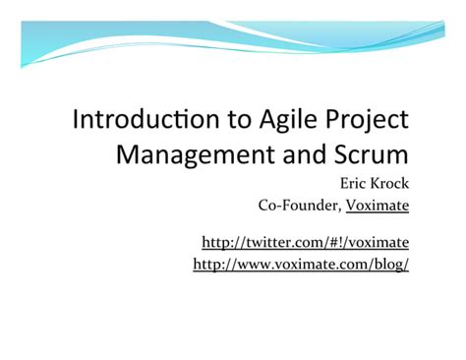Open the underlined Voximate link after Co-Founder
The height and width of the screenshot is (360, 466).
377,206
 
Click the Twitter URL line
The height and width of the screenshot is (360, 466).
305,242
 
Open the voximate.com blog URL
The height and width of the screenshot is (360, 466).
301,265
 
